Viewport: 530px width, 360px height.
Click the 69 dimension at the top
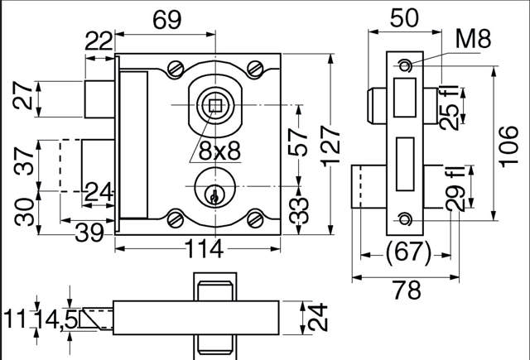coord(167,20)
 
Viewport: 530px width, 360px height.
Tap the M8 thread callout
coord(473,39)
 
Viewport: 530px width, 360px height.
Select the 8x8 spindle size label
coord(219,151)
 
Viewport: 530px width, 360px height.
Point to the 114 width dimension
coord(205,249)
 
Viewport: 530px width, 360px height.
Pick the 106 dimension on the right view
coord(508,146)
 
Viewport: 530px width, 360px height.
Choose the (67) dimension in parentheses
coord(408,252)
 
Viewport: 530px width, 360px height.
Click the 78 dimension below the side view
coord(407,290)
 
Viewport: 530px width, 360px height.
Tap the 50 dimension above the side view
coord(404,17)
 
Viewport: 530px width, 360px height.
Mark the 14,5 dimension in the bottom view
coord(57,319)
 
